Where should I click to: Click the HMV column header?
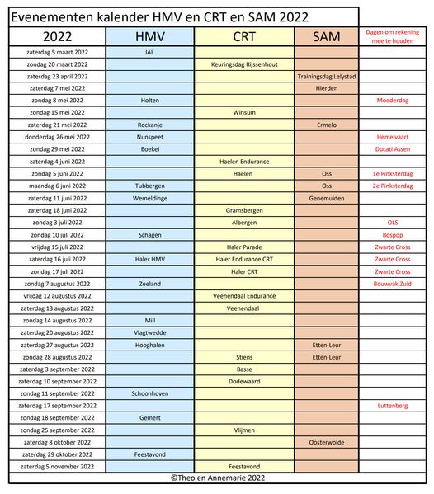pyautogui.click(x=149, y=36)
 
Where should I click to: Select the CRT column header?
pyautogui.click(x=243, y=36)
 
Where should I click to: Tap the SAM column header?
pyautogui.click(x=326, y=36)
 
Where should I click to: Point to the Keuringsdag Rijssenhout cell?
pyautogui.click(x=243, y=64)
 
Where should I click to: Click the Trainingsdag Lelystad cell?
pyautogui.click(x=326, y=76)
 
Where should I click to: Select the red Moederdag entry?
pyautogui.click(x=393, y=100)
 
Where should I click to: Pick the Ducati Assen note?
pyautogui.click(x=393, y=149)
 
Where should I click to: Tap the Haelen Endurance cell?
pyautogui.click(x=243, y=162)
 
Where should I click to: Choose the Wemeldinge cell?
pyautogui.click(x=149, y=198)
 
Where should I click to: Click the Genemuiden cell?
pyautogui.click(x=326, y=198)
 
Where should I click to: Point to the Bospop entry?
pyautogui.click(x=393, y=235)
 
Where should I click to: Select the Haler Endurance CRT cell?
pyautogui.click(x=243, y=259)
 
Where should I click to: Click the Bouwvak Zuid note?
pyautogui.click(x=393, y=284)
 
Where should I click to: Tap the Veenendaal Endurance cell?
pyautogui.click(x=243, y=296)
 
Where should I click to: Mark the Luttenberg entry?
pyautogui.click(x=393, y=406)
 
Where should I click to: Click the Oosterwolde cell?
pyautogui.click(x=326, y=442)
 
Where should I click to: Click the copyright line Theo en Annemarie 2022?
pyautogui.click(x=217, y=478)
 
